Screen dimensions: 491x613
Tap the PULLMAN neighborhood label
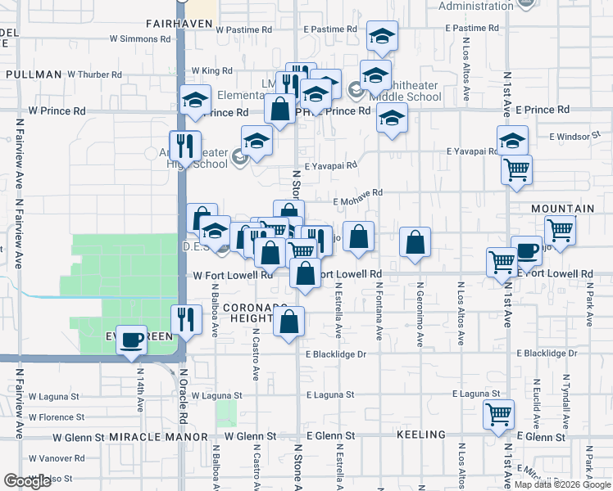click(34, 74)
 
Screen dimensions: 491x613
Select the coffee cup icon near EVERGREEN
click(130, 340)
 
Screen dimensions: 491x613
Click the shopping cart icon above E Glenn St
click(498, 414)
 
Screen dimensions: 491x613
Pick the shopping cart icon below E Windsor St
click(517, 169)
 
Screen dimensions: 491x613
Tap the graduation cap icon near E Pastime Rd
click(382, 36)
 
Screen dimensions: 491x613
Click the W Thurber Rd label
click(94, 74)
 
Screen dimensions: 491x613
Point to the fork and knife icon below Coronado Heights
click(185, 320)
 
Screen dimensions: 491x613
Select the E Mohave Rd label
click(358, 192)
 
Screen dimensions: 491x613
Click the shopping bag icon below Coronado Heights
click(289, 322)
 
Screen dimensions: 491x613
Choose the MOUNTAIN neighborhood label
click(562, 209)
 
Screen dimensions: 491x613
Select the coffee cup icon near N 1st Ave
click(526, 250)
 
